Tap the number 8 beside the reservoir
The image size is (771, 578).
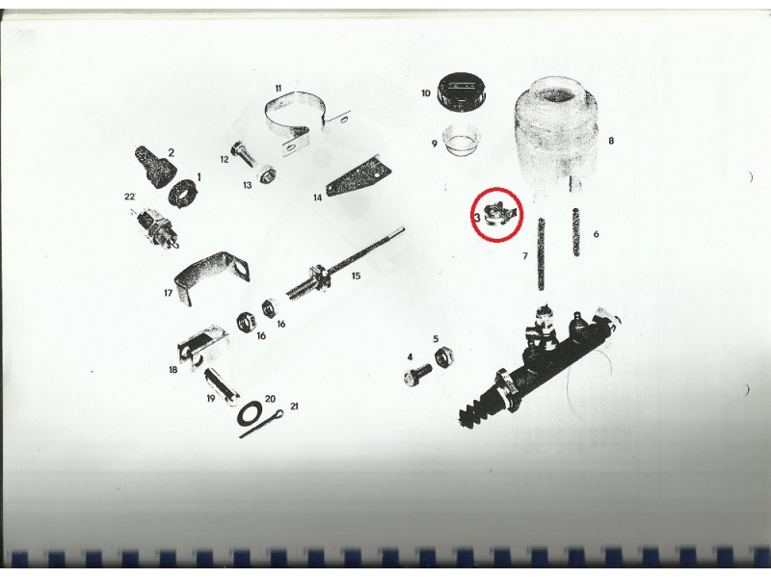tap(611, 141)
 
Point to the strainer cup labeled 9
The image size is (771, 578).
tap(462, 141)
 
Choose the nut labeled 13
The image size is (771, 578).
tap(268, 174)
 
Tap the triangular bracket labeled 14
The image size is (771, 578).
tap(358, 174)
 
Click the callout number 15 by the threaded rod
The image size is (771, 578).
tap(356, 276)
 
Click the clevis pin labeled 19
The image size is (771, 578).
tap(222, 385)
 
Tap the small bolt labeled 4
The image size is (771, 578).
tap(417, 375)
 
